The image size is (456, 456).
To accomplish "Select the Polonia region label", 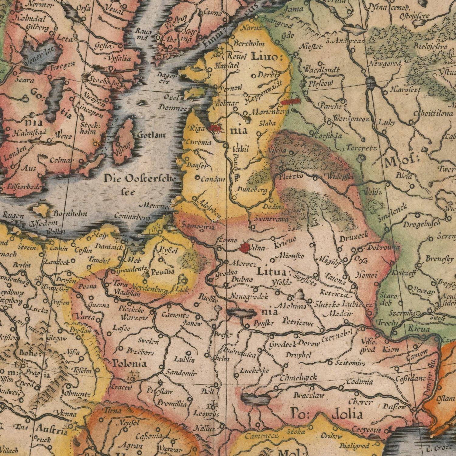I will click(x=130, y=363).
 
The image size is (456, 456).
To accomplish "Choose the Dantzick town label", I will click(x=108, y=247).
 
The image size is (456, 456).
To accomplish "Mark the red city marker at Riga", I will click(x=214, y=128).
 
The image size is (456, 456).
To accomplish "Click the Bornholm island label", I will click(x=71, y=214).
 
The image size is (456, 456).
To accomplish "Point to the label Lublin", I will click(x=185, y=360).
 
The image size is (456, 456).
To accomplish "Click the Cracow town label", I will click(x=121, y=387).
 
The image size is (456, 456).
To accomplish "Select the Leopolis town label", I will click(x=207, y=414).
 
